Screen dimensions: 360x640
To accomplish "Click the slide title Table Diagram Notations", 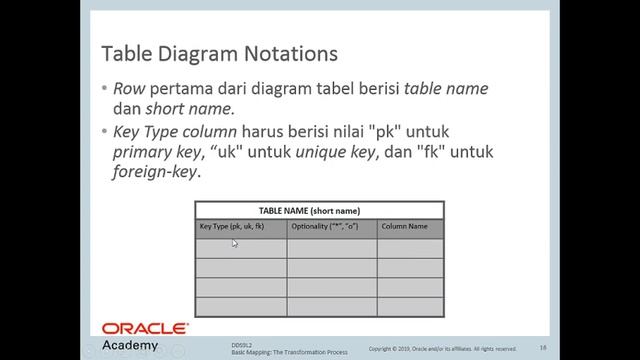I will tap(220, 52).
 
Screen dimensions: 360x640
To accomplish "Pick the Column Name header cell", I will tap(404, 227).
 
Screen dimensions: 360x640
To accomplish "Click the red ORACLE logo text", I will tap(144, 328).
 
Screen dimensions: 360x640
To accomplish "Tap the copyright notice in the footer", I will tap(442, 349).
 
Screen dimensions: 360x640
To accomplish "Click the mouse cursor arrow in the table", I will tap(235, 243).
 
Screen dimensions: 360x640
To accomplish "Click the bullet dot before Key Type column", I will tap(104, 131).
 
